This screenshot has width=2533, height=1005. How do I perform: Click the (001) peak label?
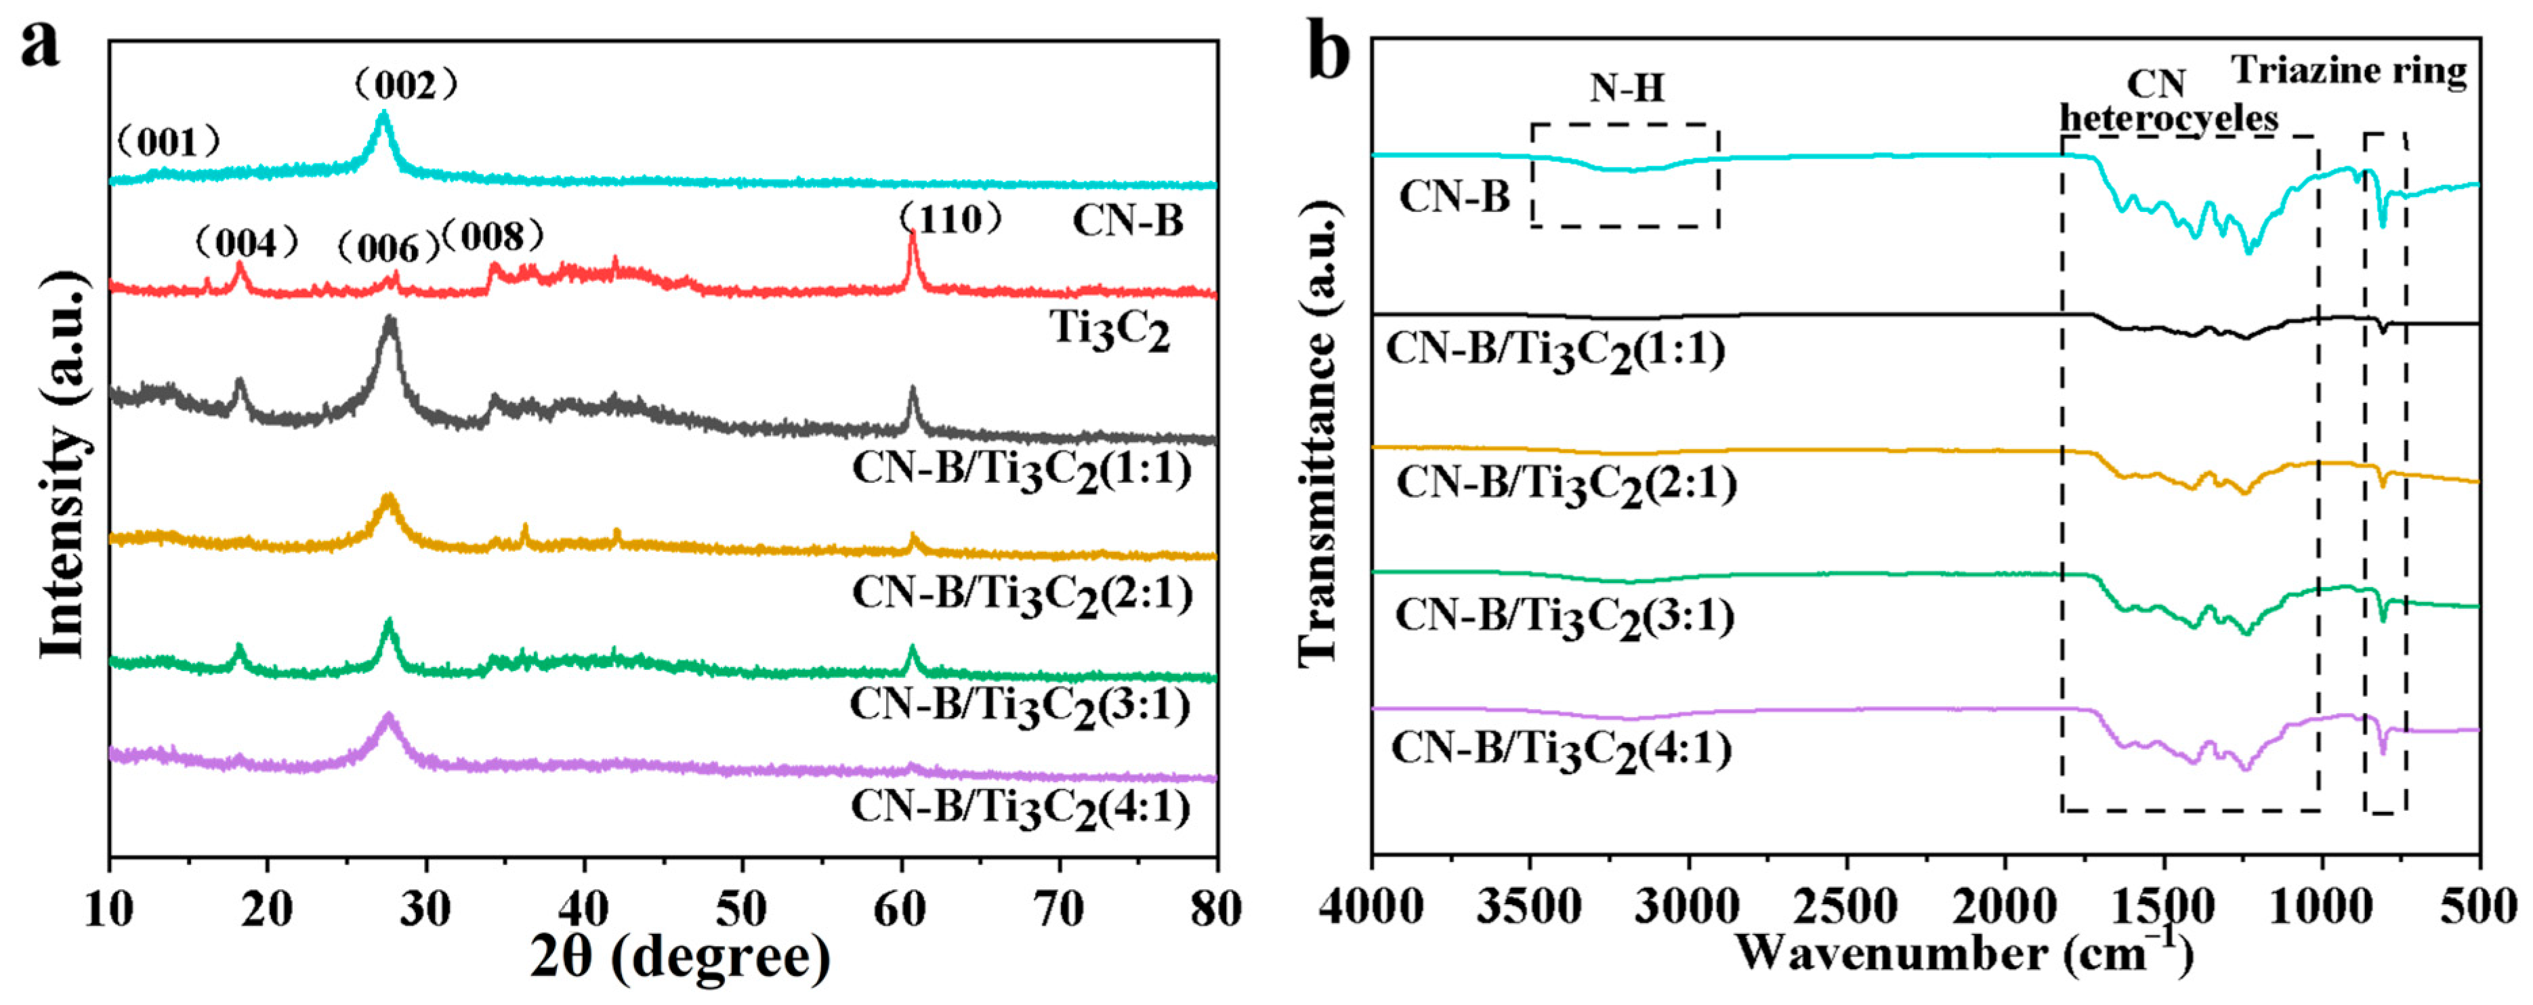click(x=168, y=143)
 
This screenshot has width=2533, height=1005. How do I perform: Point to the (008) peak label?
click(x=492, y=236)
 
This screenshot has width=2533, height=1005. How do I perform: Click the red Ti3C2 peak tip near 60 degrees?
click(x=913, y=233)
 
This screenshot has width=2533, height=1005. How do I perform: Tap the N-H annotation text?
click(x=1627, y=89)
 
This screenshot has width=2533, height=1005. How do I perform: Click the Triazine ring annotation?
click(x=2348, y=71)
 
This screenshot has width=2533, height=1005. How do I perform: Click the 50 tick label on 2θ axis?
click(x=741, y=910)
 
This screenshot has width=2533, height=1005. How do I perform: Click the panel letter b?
click(x=1328, y=54)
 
